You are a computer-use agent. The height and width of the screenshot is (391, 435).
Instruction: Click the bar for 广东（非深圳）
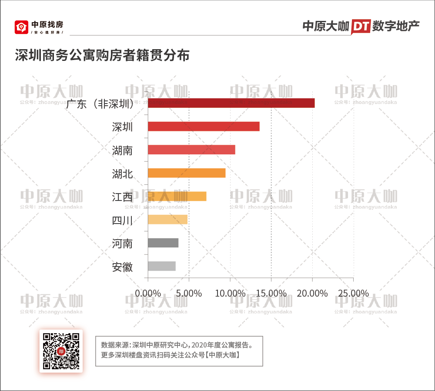tap(231, 103)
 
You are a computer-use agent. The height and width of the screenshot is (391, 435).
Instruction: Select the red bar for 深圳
tap(204, 127)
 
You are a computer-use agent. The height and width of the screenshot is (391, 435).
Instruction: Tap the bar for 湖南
tap(191, 150)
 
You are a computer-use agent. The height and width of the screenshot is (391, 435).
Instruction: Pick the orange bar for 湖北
tap(187, 173)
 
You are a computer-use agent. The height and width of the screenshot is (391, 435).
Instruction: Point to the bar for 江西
tap(177, 196)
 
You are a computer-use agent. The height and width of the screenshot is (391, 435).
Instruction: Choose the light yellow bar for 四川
tap(167, 220)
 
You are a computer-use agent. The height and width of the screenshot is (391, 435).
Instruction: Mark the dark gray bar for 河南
tap(163, 243)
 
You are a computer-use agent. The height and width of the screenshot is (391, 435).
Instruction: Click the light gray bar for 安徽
tap(162, 266)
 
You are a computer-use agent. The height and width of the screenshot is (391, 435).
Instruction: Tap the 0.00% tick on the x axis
tap(148, 293)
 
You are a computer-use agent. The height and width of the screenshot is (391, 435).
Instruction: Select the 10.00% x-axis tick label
tap(230, 293)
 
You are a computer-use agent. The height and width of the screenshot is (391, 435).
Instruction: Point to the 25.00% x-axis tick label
tap(354, 293)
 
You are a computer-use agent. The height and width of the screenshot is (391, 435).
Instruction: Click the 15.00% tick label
tap(271, 293)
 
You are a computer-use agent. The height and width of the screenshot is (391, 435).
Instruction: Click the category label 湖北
tap(122, 174)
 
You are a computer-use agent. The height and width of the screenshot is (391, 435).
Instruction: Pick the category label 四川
tap(122, 221)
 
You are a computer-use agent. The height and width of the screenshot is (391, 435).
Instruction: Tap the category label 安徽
tap(122, 267)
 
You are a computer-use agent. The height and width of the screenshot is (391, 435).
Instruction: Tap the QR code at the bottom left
tap(61, 351)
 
